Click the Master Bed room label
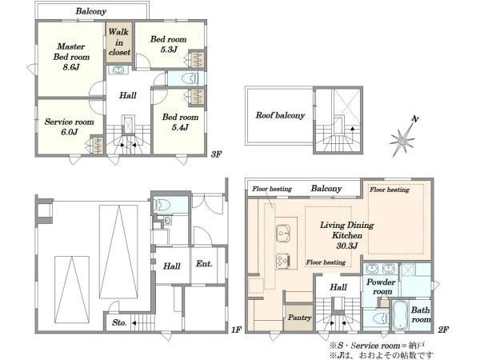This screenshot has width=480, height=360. [x=71, y=57]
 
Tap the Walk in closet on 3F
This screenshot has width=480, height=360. [x=119, y=42]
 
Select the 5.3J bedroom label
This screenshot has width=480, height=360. [x=168, y=44]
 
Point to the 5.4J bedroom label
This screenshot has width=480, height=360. [x=180, y=122]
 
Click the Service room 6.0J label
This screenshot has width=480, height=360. [x=70, y=126]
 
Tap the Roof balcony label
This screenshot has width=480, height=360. [x=281, y=115]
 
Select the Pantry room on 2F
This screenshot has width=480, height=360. [x=299, y=318]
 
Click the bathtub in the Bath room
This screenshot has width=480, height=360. [x=400, y=316]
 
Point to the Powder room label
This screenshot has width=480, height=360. [x=381, y=286]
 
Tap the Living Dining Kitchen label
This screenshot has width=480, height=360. [x=347, y=235]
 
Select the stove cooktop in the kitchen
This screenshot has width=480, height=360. [x=283, y=261]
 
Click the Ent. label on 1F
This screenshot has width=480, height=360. [x=204, y=263]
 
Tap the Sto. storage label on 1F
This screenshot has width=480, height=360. [x=119, y=322]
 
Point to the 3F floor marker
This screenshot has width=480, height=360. [x=216, y=154]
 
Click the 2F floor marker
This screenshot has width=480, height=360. [x=443, y=330]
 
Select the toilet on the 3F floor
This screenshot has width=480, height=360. [x=189, y=78]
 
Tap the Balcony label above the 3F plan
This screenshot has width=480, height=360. [x=91, y=11]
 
